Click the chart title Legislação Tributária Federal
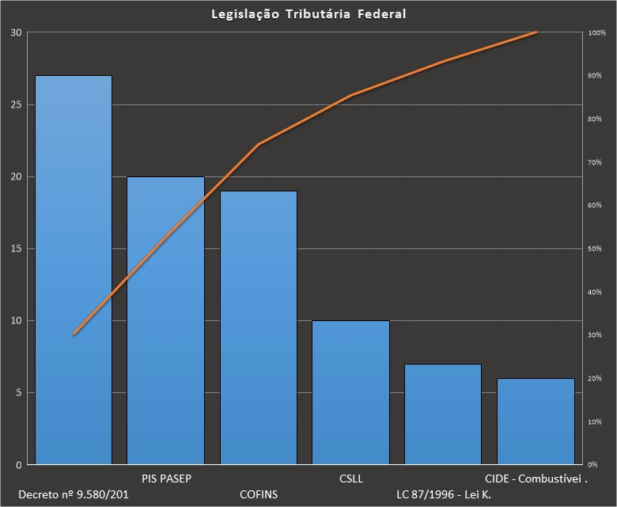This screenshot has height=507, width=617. pos(309,14)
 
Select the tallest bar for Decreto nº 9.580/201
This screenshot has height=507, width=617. pos(74,269)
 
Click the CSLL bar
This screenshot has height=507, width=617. pos(350,392)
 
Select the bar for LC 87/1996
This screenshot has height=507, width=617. pos(443,414)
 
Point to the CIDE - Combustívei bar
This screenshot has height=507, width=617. pos(536,421)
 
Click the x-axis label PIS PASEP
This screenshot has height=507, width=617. pos(167,479)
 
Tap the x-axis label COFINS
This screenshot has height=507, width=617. pos(259,494)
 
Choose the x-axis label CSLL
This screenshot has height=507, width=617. pos(350,479)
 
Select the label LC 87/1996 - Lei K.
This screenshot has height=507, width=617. pos(444,494)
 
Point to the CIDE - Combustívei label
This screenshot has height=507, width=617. pos(536,479)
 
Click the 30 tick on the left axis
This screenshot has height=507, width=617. pos(17,32)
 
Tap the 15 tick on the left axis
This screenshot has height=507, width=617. pos(17,248)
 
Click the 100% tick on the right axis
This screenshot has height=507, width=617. pos(597,32)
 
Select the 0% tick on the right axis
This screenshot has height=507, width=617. pos(593,464)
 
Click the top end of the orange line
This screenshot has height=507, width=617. pos(536,32)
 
